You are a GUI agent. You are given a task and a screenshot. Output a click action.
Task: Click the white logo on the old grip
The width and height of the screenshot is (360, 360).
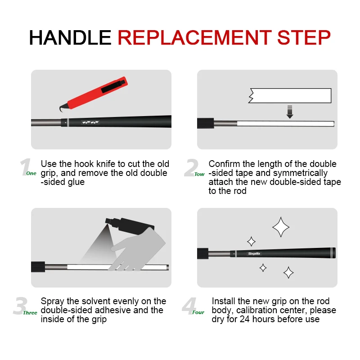(x=90, y=122)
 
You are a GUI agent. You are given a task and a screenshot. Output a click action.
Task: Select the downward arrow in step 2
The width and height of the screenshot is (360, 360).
(x=290, y=112)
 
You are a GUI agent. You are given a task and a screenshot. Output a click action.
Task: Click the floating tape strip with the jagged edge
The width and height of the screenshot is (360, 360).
(x=290, y=95)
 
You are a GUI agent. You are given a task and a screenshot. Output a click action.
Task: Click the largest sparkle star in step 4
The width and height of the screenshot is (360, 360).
(x=281, y=227)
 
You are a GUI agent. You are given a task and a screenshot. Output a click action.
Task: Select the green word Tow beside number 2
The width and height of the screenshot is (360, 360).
(x=199, y=174)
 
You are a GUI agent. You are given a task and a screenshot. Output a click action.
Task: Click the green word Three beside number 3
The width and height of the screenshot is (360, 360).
(x=30, y=312)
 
